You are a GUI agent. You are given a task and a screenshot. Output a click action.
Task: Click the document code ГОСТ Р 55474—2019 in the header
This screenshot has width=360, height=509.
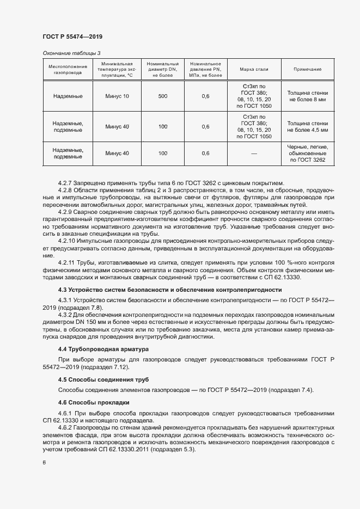tap(72, 36)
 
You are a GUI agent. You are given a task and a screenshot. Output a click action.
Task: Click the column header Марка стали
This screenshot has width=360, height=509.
tap(254, 69)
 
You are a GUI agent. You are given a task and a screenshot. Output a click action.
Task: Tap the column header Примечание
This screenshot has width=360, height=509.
tap(308, 69)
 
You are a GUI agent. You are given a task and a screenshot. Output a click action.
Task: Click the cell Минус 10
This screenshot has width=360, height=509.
tap(117, 96)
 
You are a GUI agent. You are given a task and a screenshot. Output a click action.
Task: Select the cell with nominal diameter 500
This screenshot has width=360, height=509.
tap(163, 96)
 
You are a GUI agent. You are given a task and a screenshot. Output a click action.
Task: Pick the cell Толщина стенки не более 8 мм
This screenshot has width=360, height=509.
tap(308, 96)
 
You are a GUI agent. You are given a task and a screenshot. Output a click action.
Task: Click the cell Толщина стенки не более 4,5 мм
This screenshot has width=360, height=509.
tap(308, 127)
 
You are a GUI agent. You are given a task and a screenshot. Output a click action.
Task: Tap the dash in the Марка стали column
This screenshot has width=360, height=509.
tap(254, 154)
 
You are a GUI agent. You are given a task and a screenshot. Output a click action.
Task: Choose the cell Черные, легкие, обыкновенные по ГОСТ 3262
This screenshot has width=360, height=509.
tap(308, 154)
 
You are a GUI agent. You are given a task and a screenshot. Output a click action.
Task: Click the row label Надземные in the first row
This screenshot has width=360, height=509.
tap(68, 96)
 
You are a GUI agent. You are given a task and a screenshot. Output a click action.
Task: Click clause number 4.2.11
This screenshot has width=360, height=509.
tap(70, 262)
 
